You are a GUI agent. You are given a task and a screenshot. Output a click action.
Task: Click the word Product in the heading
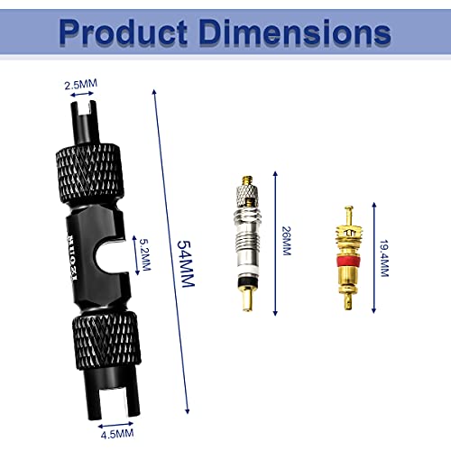(123, 32)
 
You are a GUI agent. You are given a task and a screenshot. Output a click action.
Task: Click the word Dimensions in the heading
(295, 32)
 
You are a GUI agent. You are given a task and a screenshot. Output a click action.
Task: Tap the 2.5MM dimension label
(81, 85)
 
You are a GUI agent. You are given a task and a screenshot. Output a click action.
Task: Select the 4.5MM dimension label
(117, 434)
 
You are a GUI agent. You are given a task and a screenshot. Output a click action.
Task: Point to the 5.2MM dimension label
(145, 254)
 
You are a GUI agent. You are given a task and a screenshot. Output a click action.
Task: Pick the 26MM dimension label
(287, 241)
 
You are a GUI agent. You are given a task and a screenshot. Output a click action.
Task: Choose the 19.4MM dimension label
(384, 258)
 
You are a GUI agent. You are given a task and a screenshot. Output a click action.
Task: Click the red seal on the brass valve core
(348, 261)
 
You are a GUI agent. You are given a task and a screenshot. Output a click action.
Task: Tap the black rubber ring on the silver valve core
(247, 282)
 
